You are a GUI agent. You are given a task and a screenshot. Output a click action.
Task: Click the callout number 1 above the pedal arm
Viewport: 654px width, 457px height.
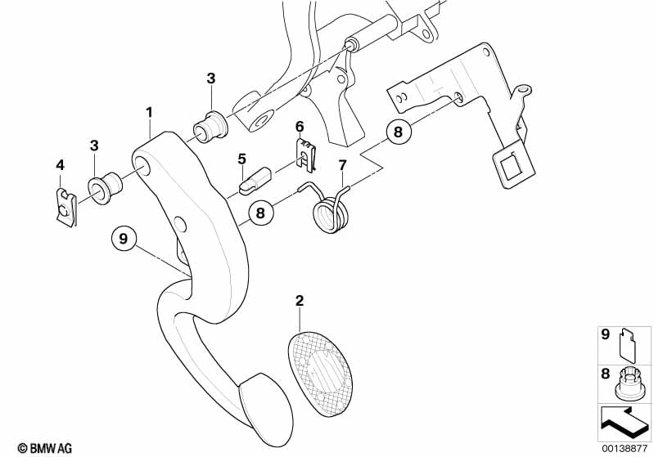coord(149,113)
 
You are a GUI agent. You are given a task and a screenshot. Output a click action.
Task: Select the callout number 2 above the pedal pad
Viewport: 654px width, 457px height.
coord(300,301)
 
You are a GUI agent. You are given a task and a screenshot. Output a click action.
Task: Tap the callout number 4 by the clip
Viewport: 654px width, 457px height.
coord(61,165)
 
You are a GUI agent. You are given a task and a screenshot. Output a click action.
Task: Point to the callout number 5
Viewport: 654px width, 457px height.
coord(242,159)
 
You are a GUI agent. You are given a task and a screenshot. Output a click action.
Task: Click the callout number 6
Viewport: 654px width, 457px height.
coord(300,126)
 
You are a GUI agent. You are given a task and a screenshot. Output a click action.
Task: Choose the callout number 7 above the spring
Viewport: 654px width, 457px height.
coord(342,165)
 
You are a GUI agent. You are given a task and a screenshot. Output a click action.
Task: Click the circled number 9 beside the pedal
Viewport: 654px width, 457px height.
coord(123,239)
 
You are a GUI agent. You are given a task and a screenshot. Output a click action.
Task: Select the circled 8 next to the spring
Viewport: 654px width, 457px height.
coord(260,213)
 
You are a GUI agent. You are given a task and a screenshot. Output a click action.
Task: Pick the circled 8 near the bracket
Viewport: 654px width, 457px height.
coord(399,132)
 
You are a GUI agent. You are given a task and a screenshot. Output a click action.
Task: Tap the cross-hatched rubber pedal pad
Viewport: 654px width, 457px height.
coord(320,368)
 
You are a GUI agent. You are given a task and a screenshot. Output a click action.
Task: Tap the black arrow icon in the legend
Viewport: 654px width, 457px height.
coord(624,422)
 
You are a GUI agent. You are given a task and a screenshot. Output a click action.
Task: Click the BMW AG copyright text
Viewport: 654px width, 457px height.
coord(45,448)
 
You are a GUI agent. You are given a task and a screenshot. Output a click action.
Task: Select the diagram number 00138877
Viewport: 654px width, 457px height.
coord(625,449)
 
